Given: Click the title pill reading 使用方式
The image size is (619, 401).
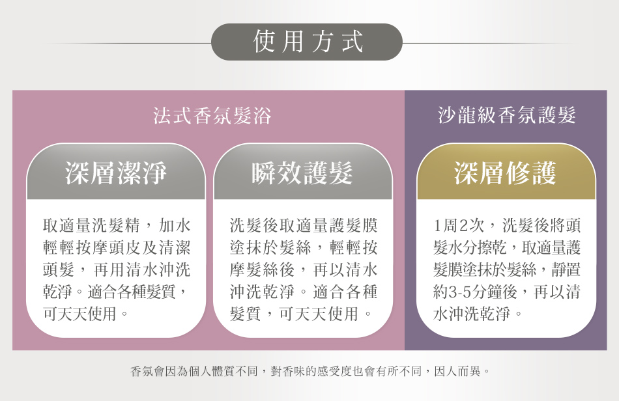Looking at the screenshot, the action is pyautogui.click(x=307, y=42).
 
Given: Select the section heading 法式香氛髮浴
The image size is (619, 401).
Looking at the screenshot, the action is pyautogui.click(x=212, y=116).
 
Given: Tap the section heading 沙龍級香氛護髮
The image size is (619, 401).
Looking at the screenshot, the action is pyautogui.click(x=507, y=115).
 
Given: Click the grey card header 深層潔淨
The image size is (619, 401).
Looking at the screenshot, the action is pyautogui.click(x=116, y=173).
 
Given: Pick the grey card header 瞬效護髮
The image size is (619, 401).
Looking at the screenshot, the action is pyautogui.click(x=303, y=173).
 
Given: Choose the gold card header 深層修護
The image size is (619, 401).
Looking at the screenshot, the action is pyautogui.click(x=506, y=173).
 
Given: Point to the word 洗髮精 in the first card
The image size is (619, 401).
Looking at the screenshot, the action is pyautogui.click(x=116, y=225).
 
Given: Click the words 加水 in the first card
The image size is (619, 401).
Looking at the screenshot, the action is pyautogui.click(x=175, y=225).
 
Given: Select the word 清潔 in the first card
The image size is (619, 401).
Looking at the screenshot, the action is pyautogui.click(x=175, y=247).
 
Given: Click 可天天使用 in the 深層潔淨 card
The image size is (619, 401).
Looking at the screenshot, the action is pyautogui.click(x=79, y=314).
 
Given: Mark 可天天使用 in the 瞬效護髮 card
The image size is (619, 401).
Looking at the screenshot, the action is pyautogui.click(x=319, y=314).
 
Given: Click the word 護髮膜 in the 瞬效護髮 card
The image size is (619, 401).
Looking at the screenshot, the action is pyautogui.click(x=353, y=225).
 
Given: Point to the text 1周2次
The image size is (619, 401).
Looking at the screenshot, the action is pyautogui.click(x=459, y=225).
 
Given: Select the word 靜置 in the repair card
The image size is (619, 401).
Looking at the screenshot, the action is pyautogui.click(x=566, y=270).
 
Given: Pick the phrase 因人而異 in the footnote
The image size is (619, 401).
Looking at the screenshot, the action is pyautogui.click(x=457, y=371).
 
